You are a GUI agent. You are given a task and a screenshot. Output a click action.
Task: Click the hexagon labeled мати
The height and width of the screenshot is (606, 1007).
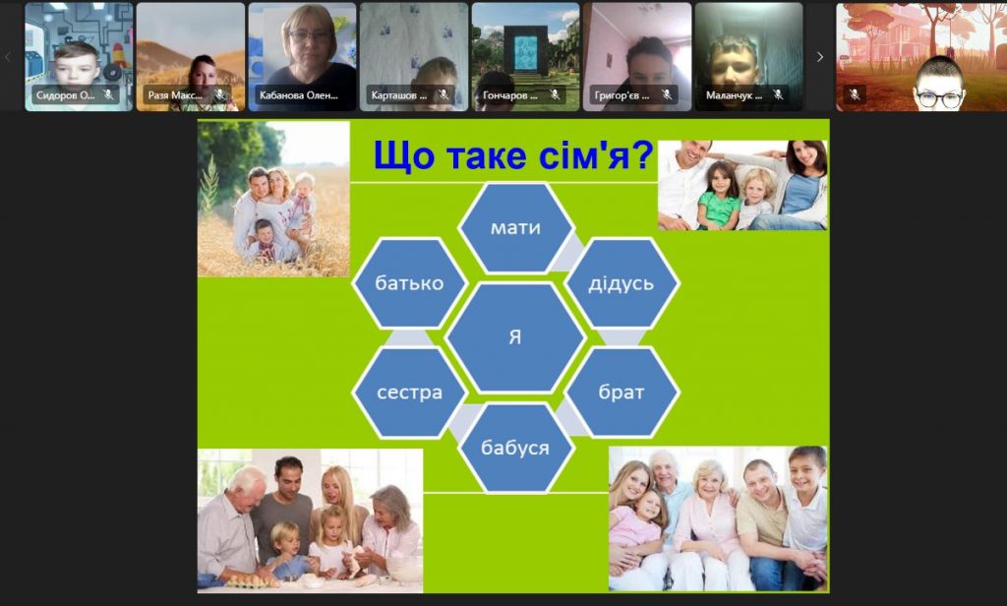pos(515,227)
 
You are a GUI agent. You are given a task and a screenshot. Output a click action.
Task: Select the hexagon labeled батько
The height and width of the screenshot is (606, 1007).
pos(409,282)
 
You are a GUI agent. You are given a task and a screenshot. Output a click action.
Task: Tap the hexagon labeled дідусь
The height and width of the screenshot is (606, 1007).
pos(622,282)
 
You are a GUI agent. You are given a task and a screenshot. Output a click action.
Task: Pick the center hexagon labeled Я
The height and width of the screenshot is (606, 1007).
pos(515,337)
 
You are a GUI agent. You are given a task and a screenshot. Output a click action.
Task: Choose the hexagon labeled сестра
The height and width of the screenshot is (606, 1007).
pos(409,392)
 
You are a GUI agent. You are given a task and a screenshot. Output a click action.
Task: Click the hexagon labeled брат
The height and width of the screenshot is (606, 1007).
pos(622,392)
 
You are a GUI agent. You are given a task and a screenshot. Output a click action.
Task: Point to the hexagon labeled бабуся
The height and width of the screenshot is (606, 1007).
pos(515,448)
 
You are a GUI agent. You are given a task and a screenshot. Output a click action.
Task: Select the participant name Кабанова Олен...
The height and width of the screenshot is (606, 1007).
pos(299,95)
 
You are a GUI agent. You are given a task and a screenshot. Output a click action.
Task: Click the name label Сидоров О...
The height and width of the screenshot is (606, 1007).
pos(66,95)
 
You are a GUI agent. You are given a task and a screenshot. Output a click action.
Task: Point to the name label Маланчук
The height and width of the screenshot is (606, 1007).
pos(734,95)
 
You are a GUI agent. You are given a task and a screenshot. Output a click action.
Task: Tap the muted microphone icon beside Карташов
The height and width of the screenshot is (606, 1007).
pos(444,95)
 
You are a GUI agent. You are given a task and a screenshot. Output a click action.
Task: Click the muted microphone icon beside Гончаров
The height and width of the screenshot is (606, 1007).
pos(555,95)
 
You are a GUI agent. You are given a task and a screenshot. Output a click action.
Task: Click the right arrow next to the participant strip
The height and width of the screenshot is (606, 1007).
pos(819,57)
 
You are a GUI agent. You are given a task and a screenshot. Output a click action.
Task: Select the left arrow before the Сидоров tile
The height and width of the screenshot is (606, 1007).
pos(8,57)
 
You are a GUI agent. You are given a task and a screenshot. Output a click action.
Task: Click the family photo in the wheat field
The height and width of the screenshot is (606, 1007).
pos(273,199)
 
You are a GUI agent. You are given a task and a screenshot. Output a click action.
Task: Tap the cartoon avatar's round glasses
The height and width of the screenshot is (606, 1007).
pos(939,99)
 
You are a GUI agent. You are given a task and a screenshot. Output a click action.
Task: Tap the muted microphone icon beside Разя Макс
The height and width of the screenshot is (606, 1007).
pos(220,95)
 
